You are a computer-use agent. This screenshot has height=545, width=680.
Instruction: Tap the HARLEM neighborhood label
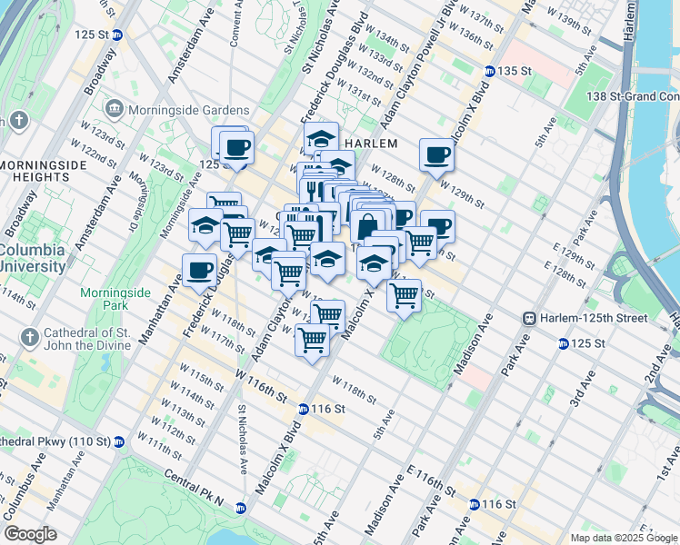coord(372,144)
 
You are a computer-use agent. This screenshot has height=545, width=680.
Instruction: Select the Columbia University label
coord(34,258)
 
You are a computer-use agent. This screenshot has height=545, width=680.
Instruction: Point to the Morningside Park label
coord(114,301)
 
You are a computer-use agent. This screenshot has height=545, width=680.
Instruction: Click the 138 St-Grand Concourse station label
coord(633,96)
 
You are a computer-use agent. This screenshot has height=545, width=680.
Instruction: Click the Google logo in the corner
coord(30,534)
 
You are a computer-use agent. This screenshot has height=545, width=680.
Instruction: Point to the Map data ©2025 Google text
coord(624,538)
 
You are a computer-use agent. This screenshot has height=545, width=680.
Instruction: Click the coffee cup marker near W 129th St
coord(436,155)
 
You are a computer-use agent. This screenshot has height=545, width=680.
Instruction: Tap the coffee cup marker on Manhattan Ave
coord(199,270)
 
